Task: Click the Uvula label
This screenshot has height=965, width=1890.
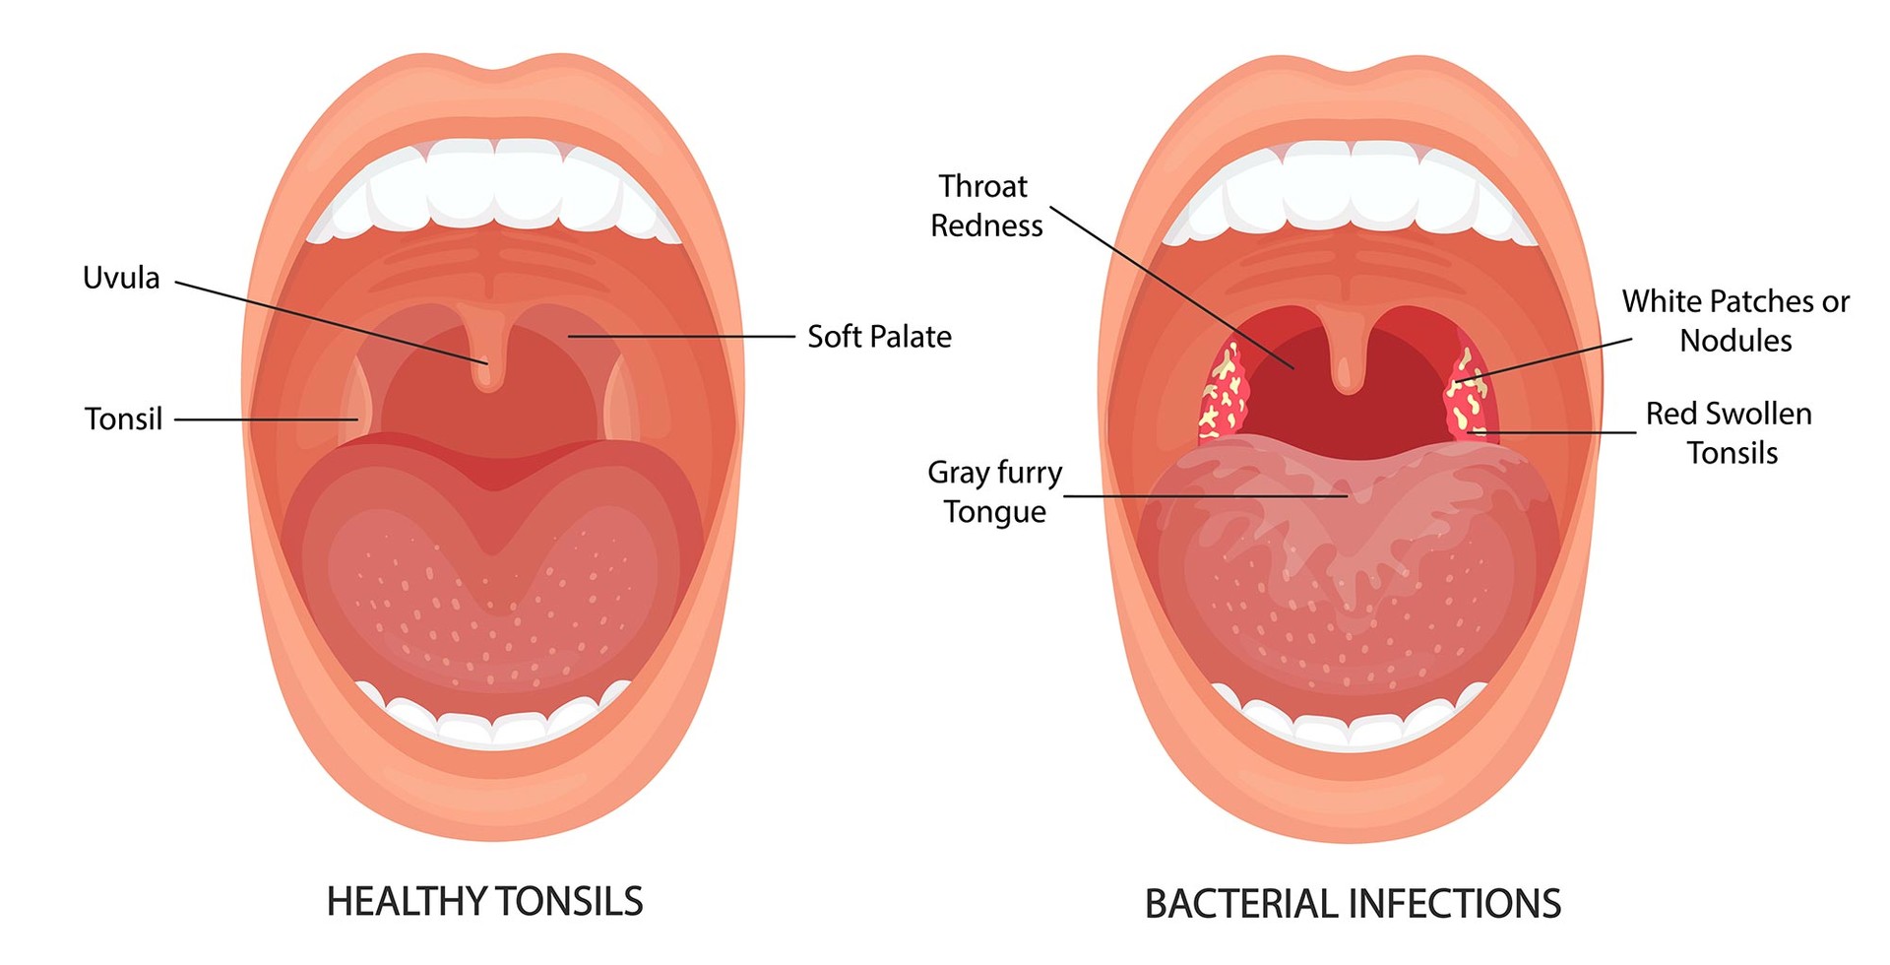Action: point(121,279)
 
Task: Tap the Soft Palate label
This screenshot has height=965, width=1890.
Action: point(879,337)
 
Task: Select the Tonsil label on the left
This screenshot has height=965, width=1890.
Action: point(123,419)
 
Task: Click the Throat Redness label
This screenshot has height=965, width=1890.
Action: point(985,206)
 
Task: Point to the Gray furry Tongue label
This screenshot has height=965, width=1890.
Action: point(995,491)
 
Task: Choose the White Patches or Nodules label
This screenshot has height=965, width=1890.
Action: point(1735,320)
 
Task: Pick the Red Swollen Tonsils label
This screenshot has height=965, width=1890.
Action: point(1730,432)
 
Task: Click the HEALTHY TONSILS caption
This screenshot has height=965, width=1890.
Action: point(484,902)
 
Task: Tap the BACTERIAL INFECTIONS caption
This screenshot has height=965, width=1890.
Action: point(1353,904)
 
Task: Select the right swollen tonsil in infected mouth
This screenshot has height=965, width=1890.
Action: point(1470,394)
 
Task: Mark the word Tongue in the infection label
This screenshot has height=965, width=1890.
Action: point(995,512)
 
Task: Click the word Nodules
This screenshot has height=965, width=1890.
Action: point(1735,341)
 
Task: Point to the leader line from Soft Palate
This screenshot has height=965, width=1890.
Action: point(679,337)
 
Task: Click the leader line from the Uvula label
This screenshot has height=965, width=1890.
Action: point(325,322)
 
